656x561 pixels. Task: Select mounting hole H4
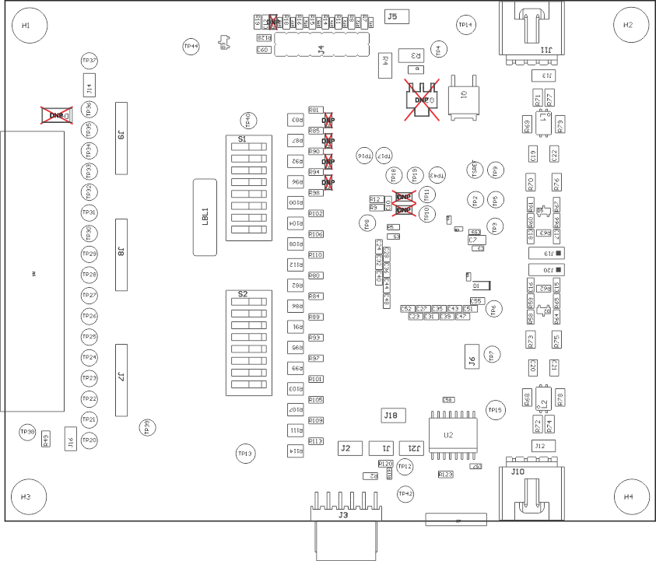tap(629, 496)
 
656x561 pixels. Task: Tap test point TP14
tap(466, 25)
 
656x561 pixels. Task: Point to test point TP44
tap(191, 46)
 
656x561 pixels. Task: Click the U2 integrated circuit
tap(449, 435)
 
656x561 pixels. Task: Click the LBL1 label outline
tap(205, 216)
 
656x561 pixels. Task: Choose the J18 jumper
tap(391, 415)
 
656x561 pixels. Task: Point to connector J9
tap(121, 138)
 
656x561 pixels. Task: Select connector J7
tap(121, 380)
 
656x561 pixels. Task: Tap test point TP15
tap(495, 409)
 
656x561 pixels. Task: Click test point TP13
tap(245, 453)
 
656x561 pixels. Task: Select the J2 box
tap(347, 448)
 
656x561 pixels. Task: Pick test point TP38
tap(27, 431)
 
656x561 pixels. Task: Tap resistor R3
tap(412, 55)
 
